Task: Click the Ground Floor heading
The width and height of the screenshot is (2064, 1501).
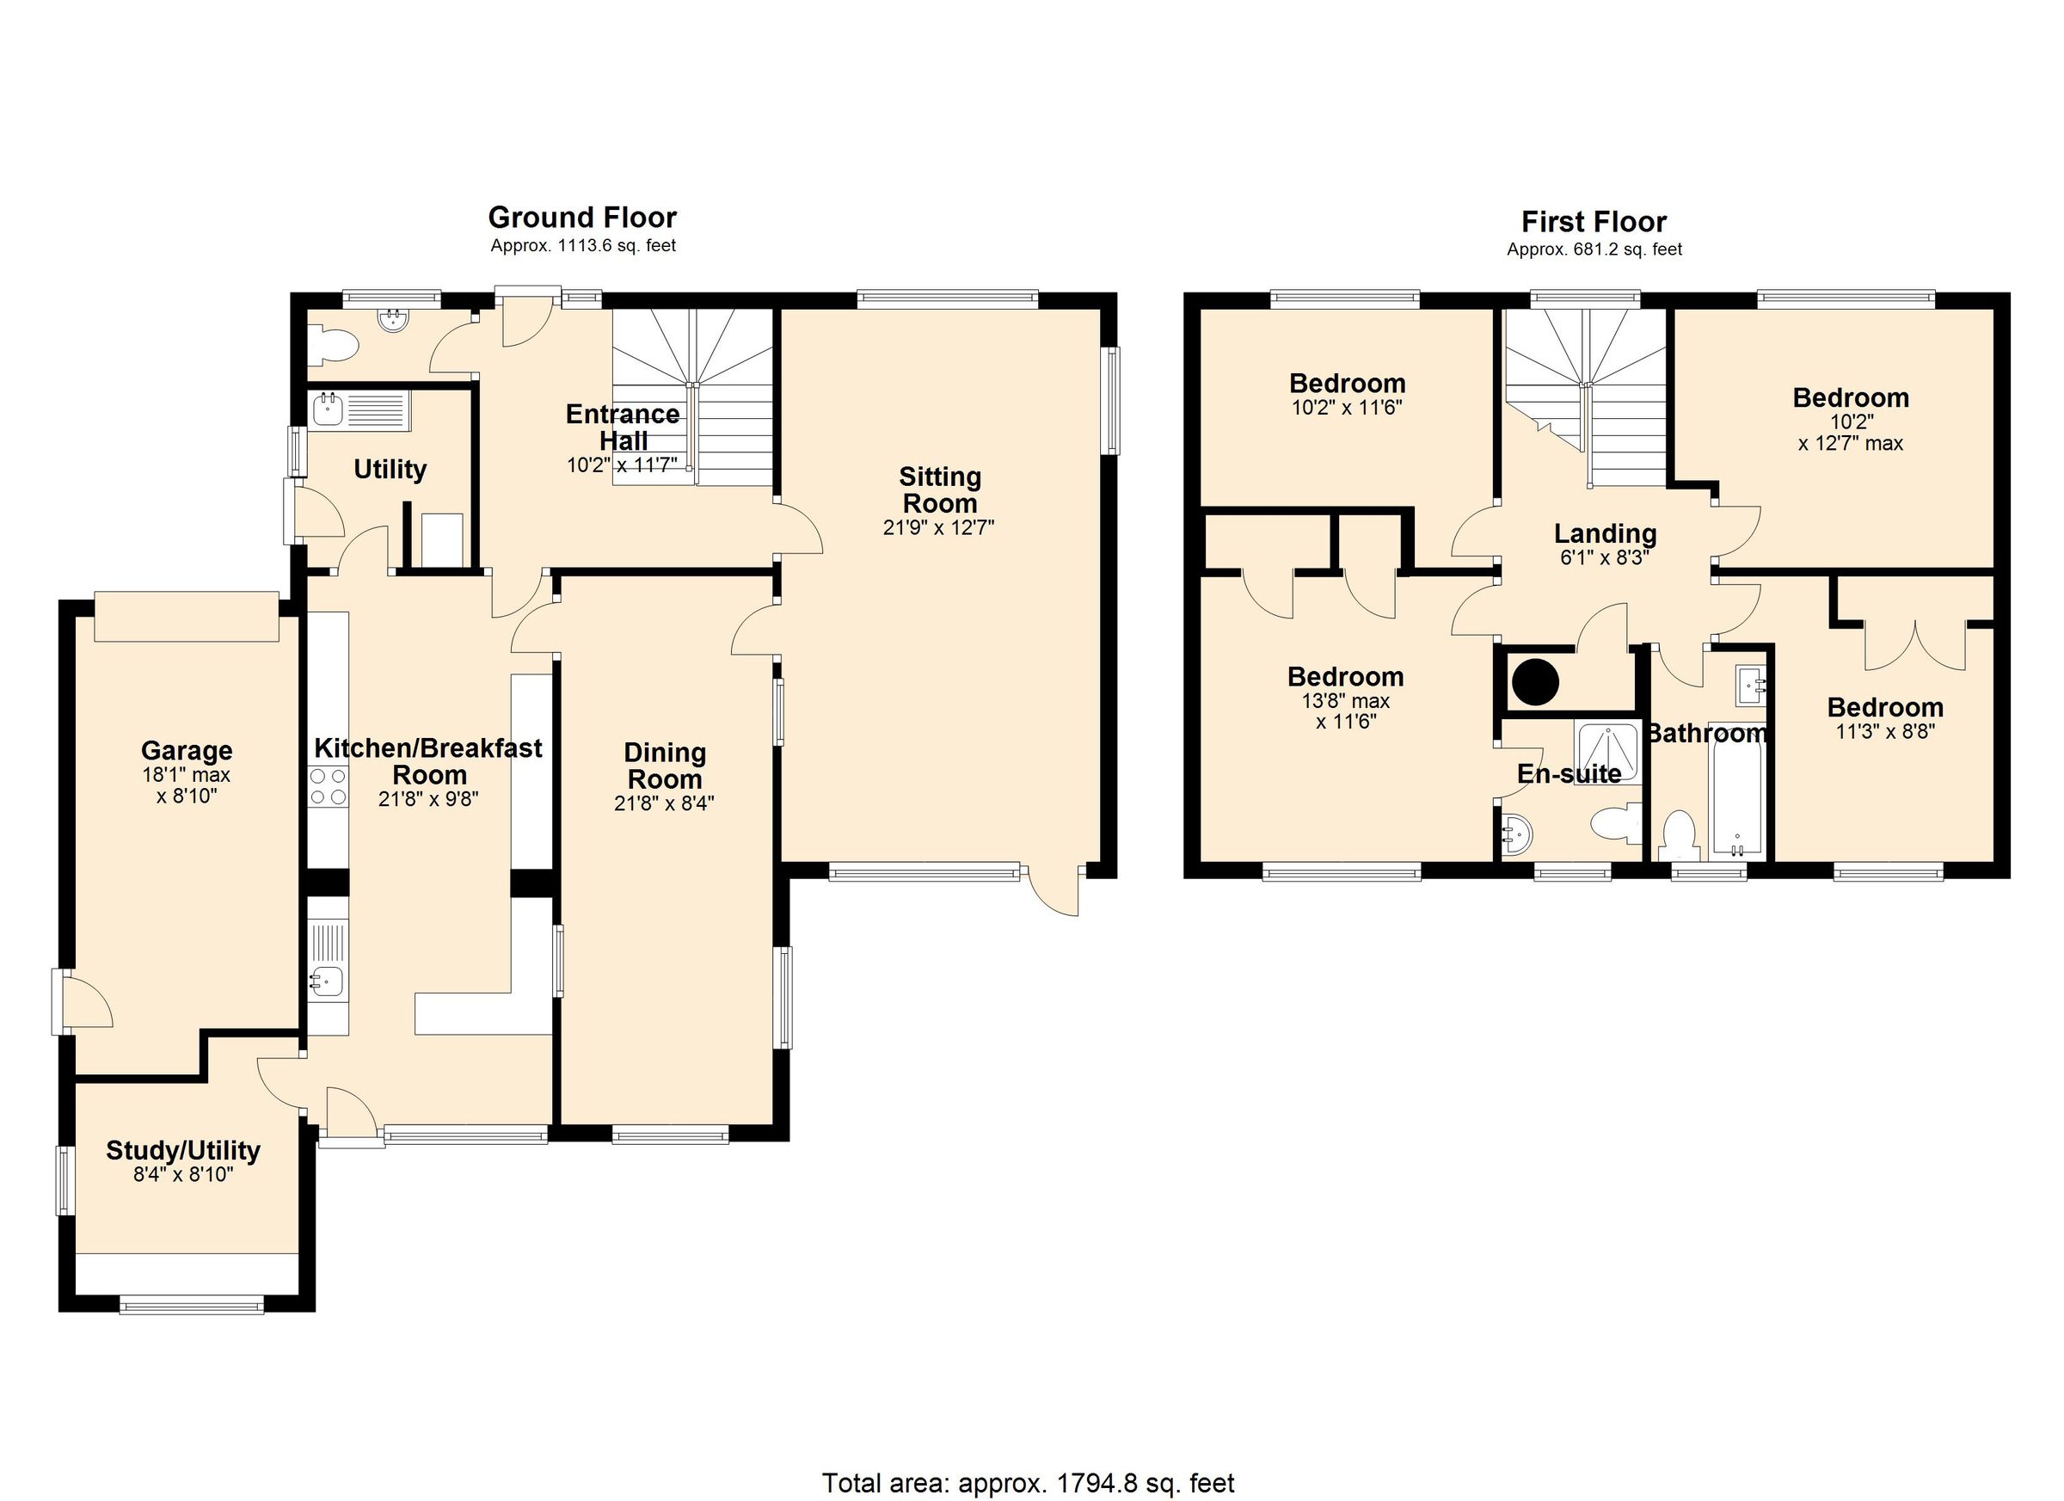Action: (x=582, y=218)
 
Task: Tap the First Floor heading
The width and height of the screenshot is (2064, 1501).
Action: (x=1594, y=221)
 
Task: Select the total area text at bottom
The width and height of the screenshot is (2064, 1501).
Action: (x=1029, y=1482)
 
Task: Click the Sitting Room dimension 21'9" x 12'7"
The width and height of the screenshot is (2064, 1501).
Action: (x=938, y=527)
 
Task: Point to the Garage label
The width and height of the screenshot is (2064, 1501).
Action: (x=187, y=751)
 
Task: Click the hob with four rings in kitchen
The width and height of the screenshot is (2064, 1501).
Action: (x=328, y=786)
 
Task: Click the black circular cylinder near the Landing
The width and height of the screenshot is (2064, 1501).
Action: (x=1534, y=681)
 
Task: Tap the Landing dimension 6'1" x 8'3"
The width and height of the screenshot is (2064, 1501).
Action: (x=1605, y=558)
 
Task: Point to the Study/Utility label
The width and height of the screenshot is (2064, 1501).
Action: (x=183, y=1151)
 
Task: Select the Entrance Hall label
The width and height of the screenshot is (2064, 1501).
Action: (x=623, y=427)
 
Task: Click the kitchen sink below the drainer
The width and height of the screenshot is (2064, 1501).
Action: (x=327, y=981)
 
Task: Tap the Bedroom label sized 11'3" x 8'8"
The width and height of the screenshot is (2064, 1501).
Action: (x=1885, y=707)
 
